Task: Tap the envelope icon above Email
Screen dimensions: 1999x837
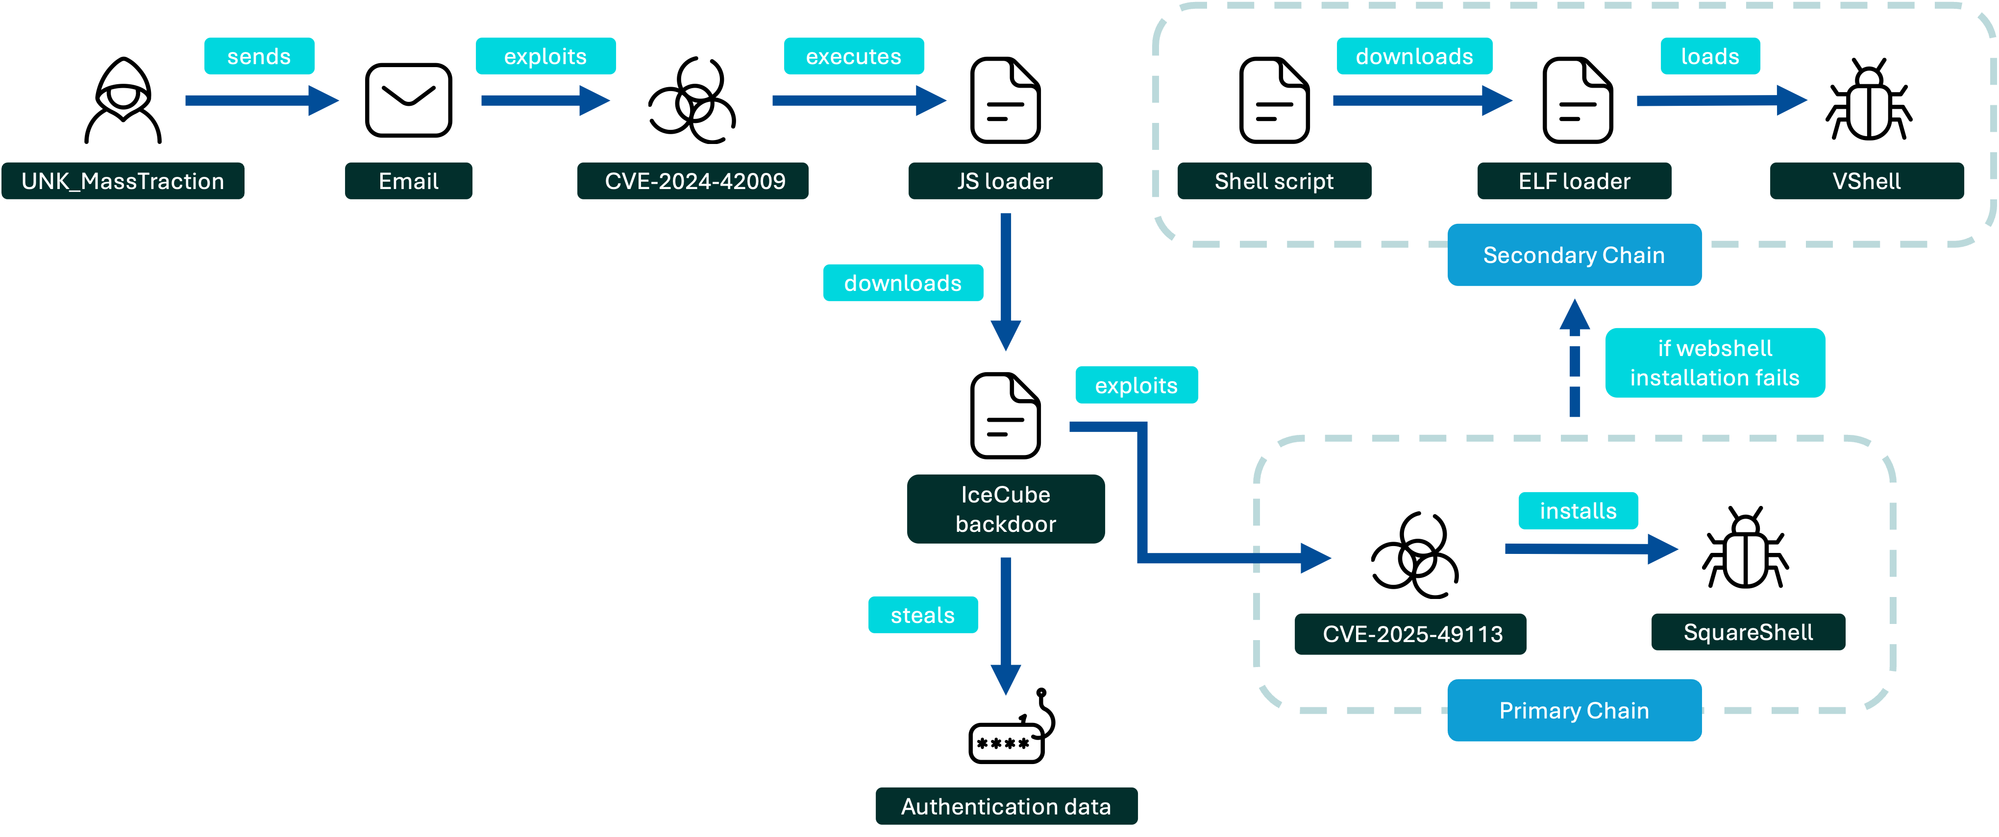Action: [x=408, y=100]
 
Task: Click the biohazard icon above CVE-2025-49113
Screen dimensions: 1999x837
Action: [x=1415, y=554]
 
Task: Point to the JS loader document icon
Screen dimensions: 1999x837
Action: [x=1005, y=100]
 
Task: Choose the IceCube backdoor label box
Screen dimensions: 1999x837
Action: [x=1006, y=509]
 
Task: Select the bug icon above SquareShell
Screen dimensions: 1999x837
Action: [x=1745, y=548]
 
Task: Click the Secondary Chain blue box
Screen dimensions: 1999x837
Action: [x=1574, y=255]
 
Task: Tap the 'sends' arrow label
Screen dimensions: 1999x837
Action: [x=259, y=56]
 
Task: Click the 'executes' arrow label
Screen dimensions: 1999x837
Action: [x=854, y=56]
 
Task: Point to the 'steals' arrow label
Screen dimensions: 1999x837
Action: [x=923, y=615]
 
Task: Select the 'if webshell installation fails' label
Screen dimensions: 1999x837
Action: [x=1715, y=363]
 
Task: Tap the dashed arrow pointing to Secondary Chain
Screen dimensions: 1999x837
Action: [x=1575, y=358]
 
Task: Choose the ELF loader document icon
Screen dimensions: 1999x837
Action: [x=1578, y=100]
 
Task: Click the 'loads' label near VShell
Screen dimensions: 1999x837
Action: [x=1710, y=56]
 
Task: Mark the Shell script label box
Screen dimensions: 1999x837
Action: [x=1274, y=181]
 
